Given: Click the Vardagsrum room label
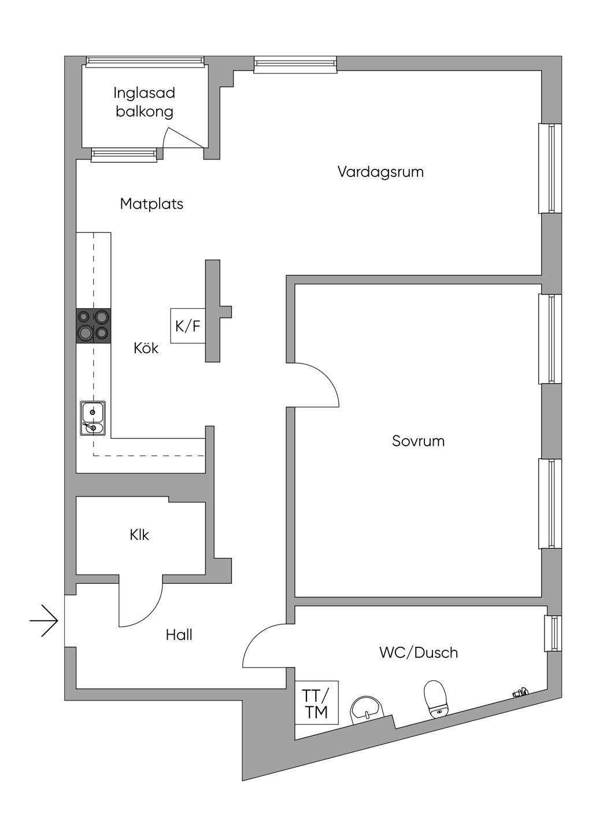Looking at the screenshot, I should click(380, 172).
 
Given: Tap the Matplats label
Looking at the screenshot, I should click(151, 203).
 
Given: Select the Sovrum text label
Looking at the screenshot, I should click(418, 441).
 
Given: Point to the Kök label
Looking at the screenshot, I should click(146, 348).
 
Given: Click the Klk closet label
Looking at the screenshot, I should click(139, 535).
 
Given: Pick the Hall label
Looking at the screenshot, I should click(179, 635).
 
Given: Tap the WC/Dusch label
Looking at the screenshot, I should click(418, 653).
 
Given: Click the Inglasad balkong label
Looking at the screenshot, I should click(144, 102).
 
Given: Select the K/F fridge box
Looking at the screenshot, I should click(188, 326).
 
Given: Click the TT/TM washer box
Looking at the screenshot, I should click(316, 703).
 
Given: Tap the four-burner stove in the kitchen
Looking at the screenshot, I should click(94, 325).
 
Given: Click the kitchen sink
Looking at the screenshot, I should click(92, 418).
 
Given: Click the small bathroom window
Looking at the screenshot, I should click(553, 633).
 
